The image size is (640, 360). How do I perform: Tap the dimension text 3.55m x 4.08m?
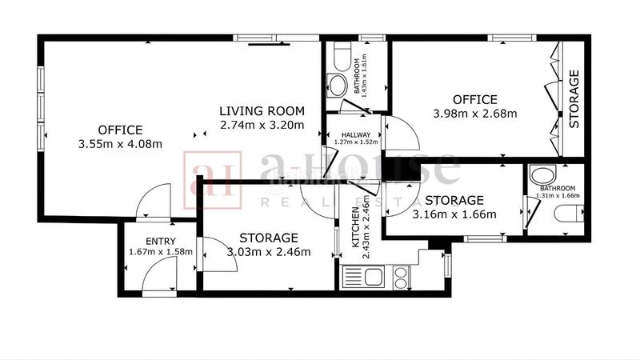[121, 144]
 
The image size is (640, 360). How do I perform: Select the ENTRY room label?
[160, 241]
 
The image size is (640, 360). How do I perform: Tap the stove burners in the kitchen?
[400, 277]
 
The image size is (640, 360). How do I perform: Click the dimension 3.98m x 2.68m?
[475, 114]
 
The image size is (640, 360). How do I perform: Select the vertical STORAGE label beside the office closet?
[574, 100]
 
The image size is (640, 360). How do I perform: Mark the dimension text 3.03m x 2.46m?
[268, 252]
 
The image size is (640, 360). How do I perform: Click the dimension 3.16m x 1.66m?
[454, 214]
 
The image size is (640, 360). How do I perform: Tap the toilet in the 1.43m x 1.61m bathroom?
[340, 57]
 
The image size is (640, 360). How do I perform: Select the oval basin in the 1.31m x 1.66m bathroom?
[544, 176]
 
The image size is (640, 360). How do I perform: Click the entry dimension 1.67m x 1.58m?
[160, 252]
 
